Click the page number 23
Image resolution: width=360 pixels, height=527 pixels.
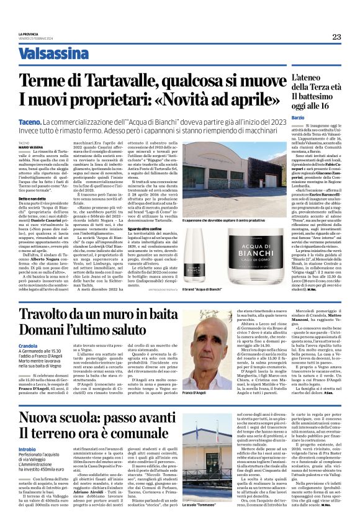pos(336,37)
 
